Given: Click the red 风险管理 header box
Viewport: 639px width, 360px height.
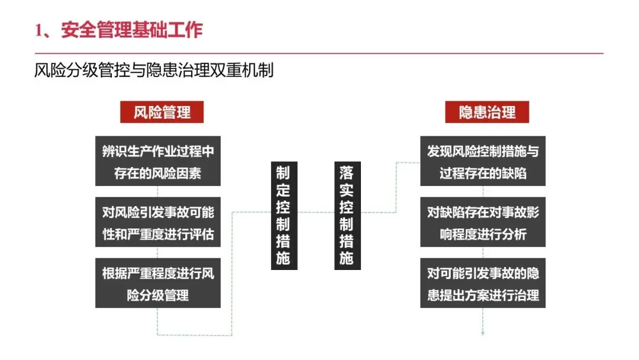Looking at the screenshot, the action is click(162, 112).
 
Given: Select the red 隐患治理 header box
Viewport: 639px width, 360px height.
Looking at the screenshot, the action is click(487, 112).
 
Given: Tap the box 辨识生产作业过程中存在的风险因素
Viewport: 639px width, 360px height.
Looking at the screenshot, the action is click(158, 162).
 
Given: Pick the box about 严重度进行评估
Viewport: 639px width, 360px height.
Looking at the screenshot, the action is click(158, 222).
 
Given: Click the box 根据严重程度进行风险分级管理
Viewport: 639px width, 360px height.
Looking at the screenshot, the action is click(158, 283).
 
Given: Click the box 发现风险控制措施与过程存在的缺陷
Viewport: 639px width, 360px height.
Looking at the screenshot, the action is click(483, 162).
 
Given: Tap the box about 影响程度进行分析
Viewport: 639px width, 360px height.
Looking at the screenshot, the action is click(483, 222).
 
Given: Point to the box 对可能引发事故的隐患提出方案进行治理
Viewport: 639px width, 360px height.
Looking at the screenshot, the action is click(483, 283).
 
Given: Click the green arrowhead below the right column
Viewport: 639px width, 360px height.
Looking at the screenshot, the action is click(483, 333).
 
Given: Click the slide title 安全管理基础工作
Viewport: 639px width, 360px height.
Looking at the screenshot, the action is click(131, 30).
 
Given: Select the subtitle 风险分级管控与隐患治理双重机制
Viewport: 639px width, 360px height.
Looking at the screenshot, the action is click(154, 72).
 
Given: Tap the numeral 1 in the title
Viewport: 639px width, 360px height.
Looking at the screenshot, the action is click(39, 30).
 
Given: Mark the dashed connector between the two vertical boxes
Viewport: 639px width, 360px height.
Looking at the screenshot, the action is click(316, 212).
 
